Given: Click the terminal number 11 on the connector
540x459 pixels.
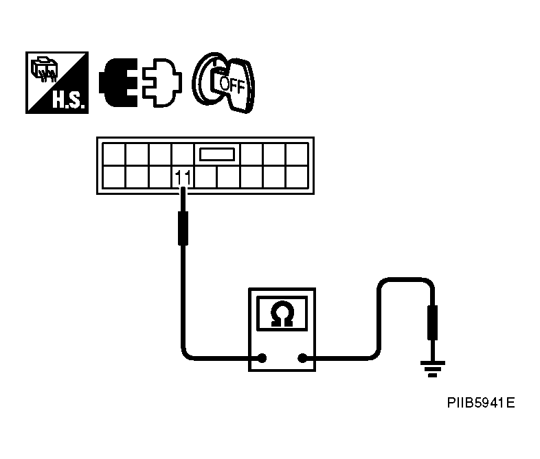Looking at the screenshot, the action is (183, 178).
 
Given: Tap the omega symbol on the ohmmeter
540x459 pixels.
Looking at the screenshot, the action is (282, 314).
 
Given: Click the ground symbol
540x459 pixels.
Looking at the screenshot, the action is (433, 369).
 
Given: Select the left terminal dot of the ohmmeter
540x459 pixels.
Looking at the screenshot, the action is (262, 358).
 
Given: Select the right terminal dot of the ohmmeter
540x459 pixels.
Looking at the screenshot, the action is (302, 358).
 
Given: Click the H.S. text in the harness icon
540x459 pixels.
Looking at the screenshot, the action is (68, 100).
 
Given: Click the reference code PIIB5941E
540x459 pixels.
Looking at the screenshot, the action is (481, 403).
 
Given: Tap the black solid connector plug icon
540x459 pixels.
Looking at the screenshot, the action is (118, 83).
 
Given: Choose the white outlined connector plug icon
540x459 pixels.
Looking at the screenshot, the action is (162, 83).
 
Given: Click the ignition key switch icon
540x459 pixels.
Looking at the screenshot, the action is (223, 83).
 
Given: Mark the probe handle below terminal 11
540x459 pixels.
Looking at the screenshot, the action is (183, 228).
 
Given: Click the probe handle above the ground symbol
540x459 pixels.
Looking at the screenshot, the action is (433, 322).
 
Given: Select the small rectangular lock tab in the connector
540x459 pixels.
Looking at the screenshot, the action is (217, 154).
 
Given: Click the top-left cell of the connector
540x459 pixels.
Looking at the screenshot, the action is (113, 154).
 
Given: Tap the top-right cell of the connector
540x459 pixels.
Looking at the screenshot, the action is (297, 154).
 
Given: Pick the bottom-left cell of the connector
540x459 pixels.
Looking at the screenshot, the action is (113, 177).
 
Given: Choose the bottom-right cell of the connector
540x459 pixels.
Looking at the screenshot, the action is (297, 177).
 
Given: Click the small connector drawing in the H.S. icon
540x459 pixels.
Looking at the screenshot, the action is (44, 70).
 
